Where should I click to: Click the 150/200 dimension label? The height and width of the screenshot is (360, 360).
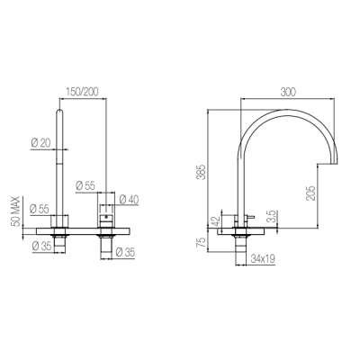(x=83, y=92)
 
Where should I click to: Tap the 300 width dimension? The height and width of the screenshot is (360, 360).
(x=288, y=92)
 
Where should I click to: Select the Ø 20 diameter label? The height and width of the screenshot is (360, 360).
(x=41, y=142)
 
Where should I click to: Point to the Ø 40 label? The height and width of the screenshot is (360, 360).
(x=129, y=200)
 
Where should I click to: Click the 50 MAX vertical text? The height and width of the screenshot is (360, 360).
(x=16, y=211)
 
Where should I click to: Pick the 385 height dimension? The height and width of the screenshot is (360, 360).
(x=202, y=172)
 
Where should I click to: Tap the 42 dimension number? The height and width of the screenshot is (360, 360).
(x=216, y=221)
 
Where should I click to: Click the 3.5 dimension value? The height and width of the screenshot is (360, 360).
(x=271, y=217)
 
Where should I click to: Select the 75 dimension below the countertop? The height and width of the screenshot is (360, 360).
(x=202, y=242)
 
